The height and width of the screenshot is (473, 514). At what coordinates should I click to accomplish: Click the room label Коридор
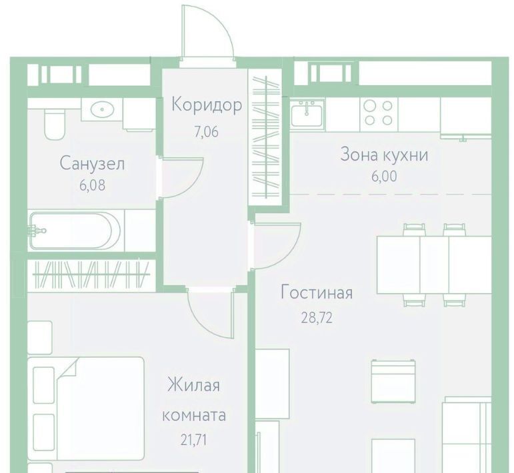[x=207, y=105]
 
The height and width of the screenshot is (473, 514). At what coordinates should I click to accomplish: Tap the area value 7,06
[x=206, y=132]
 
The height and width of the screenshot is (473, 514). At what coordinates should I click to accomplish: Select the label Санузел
[x=92, y=163]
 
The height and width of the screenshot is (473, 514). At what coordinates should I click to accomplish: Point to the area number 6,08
[x=93, y=185]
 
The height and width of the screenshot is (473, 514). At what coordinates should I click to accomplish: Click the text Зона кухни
[x=384, y=155]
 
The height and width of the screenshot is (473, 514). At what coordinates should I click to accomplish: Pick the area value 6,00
[x=384, y=177]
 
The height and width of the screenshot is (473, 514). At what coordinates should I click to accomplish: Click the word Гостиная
[x=317, y=292]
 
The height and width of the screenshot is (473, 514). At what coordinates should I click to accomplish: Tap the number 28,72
[x=317, y=318]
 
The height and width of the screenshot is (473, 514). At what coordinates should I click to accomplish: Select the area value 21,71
[x=194, y=440]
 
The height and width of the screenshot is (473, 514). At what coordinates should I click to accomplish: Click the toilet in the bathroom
[x=55, y=124]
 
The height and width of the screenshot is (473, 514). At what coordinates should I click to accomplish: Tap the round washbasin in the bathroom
[x=102, y=109]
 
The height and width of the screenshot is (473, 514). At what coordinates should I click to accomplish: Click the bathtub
[x=75, y=231]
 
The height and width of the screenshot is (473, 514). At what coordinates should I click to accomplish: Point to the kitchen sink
[x=307, y=114]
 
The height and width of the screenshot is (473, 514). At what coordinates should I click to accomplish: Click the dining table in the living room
[x=434, y=265]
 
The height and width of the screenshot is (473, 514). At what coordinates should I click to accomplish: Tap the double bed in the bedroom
[x=86, y=409]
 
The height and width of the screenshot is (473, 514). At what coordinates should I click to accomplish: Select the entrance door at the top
[x=207, y=32]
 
